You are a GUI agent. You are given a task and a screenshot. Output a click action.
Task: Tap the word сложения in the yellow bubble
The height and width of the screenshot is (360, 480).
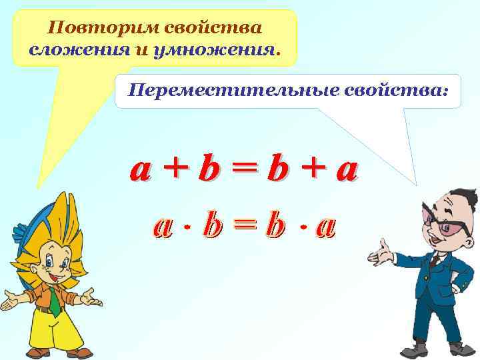68,49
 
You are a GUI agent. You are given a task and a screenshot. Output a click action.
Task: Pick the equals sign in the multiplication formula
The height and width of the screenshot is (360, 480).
243,227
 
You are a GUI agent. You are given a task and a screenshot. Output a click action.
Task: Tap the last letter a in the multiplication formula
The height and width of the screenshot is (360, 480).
326,227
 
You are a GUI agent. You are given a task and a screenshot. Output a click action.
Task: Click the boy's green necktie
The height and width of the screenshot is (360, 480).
53,301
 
